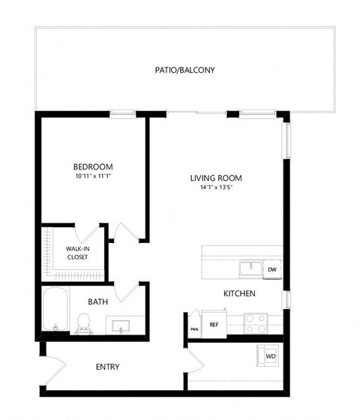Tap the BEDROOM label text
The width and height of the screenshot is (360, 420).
click(x=92, y=166)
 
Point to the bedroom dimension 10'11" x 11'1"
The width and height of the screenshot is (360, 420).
click(x=92, y=176)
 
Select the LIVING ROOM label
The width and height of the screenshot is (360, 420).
click(x=216, y=178)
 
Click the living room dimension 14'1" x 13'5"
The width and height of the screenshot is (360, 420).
click(x=216, y=187)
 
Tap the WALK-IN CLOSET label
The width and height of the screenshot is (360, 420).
click(x=77, y=252)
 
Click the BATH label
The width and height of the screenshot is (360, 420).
click(x=98, y=302)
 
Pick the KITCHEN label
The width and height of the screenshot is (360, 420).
click(x=240, y=293)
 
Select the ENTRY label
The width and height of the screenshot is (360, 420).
click(x=108, y=367)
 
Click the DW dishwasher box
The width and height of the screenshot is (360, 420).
click(x=271, y=270)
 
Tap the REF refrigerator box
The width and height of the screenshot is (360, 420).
click(x=214, y=324)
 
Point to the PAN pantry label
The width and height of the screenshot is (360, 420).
click(x=193, y=328)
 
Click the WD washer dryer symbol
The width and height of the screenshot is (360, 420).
click(x=268, y=355)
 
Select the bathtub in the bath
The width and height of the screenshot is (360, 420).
click(x=55, y=310)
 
